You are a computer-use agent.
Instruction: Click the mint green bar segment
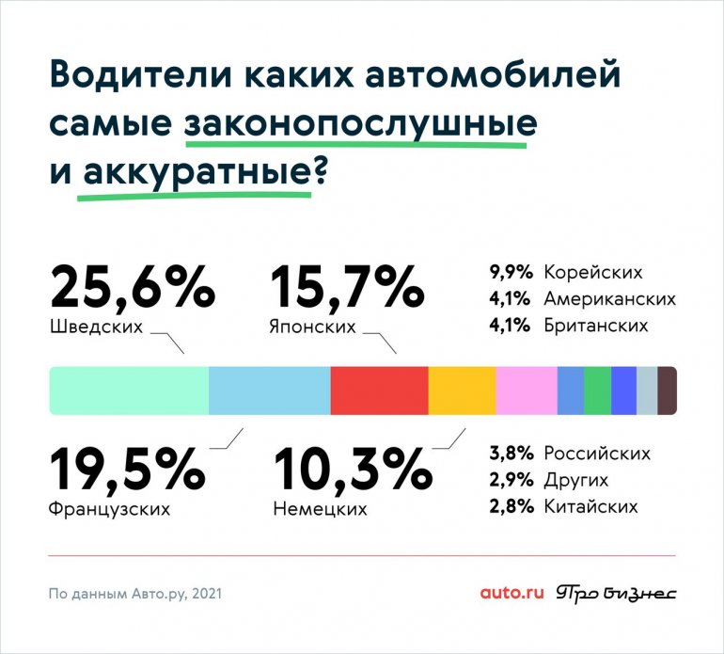click(129, 391)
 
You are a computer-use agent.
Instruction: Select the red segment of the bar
click(379, 391)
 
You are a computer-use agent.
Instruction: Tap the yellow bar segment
click(462, 391)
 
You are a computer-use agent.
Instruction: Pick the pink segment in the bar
click(527, 391)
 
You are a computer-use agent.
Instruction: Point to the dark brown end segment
click(667, 391)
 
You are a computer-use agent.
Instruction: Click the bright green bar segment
click(597, 391)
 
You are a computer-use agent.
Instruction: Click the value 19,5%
click(127, 468)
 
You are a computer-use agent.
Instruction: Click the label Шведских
click(94, 328)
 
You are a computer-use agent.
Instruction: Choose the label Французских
click(109, 510)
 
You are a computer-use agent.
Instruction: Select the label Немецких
click(320, 510)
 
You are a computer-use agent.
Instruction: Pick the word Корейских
click(593, 273)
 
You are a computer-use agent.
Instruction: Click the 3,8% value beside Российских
click(512, 454)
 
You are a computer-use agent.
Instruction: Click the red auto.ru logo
click(512, 593)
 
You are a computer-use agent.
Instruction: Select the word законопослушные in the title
click(361, 124)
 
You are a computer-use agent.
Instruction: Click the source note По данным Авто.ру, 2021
click(136, 594)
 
